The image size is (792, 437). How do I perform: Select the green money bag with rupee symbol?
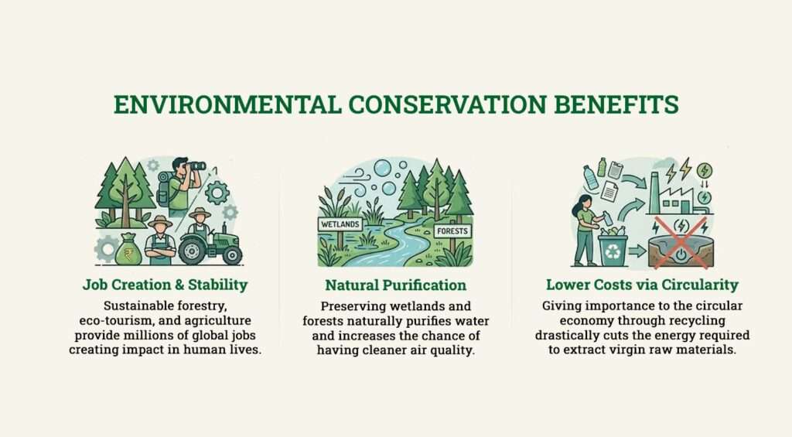[128, 250]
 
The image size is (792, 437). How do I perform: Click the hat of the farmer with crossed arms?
[160, 221]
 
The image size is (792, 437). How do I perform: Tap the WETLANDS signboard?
[341, 224]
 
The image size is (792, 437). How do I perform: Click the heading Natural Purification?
[395, 285]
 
